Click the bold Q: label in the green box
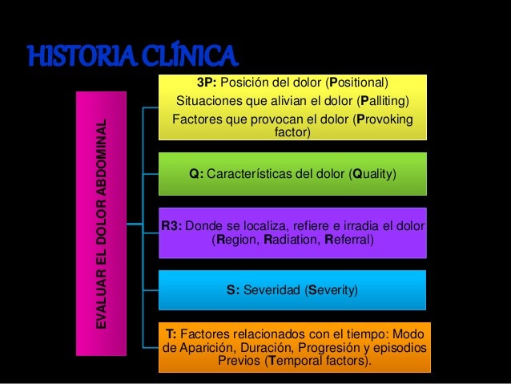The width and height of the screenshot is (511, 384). (x=195, y=173)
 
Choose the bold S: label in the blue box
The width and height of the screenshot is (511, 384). (x=234, y=289)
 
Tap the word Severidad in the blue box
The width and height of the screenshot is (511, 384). (x=273, y=289)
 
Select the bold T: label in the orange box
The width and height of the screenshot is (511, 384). (x=171, y=333)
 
